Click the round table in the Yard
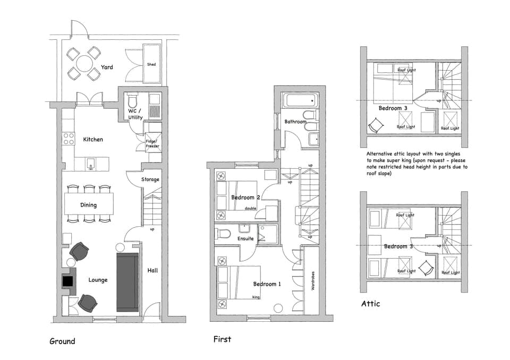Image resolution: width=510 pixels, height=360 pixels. (83, 64)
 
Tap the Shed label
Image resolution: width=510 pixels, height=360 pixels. (151, 64)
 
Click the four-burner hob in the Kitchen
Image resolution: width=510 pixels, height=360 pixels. (69, 139)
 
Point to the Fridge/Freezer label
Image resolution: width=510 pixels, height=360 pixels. (152, 143)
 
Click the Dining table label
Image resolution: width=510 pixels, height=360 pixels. (89, 205)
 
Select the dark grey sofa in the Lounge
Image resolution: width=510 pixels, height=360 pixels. (127, 282)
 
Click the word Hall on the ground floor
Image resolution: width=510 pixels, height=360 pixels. (152, 271)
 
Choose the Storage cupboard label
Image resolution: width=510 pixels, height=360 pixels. (150, 179)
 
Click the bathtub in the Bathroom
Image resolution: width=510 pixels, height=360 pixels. (300, 100)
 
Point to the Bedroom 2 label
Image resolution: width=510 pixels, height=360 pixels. (245, 198)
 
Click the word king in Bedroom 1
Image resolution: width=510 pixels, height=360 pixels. (256, 297)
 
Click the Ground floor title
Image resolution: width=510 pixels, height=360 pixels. (62, 341)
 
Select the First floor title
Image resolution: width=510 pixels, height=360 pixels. (222, 339)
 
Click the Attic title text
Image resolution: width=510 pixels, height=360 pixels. (370, 304)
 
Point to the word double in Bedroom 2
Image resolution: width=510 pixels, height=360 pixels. (250, 209)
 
